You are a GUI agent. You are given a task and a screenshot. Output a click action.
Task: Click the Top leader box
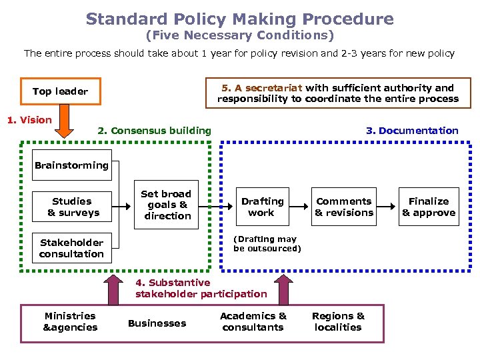pos(60,91)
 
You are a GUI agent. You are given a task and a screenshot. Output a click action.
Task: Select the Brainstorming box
pos(72,165)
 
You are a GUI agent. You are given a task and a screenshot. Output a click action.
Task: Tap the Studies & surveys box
pos(72,207)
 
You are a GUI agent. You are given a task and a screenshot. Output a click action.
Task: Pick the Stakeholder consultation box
pos(72,248)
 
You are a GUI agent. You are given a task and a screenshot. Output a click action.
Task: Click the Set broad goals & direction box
pos(167,205)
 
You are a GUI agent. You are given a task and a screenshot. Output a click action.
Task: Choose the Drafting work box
pos(262,207)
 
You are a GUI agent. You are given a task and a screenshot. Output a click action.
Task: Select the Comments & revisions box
pos(344,207)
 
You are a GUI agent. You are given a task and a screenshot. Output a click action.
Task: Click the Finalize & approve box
pos(429,207)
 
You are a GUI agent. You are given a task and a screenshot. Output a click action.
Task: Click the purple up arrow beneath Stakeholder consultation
pos(111,288)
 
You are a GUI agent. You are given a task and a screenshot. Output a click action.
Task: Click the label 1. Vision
pos(29,120)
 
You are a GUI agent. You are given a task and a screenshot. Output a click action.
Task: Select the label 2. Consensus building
pos(154,131)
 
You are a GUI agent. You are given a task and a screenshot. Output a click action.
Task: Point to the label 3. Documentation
pos(412,131)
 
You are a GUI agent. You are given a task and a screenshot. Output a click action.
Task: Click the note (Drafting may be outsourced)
pos(267,244)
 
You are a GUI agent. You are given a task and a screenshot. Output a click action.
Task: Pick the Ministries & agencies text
pos(70,322)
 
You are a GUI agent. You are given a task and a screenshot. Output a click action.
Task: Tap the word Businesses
pos(157,323)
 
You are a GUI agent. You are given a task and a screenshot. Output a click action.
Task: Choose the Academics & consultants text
pos(253,322)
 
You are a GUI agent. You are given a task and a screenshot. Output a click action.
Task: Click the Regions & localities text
pos(338,322)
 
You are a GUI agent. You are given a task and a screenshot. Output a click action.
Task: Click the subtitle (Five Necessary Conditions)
pos(239,35)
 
